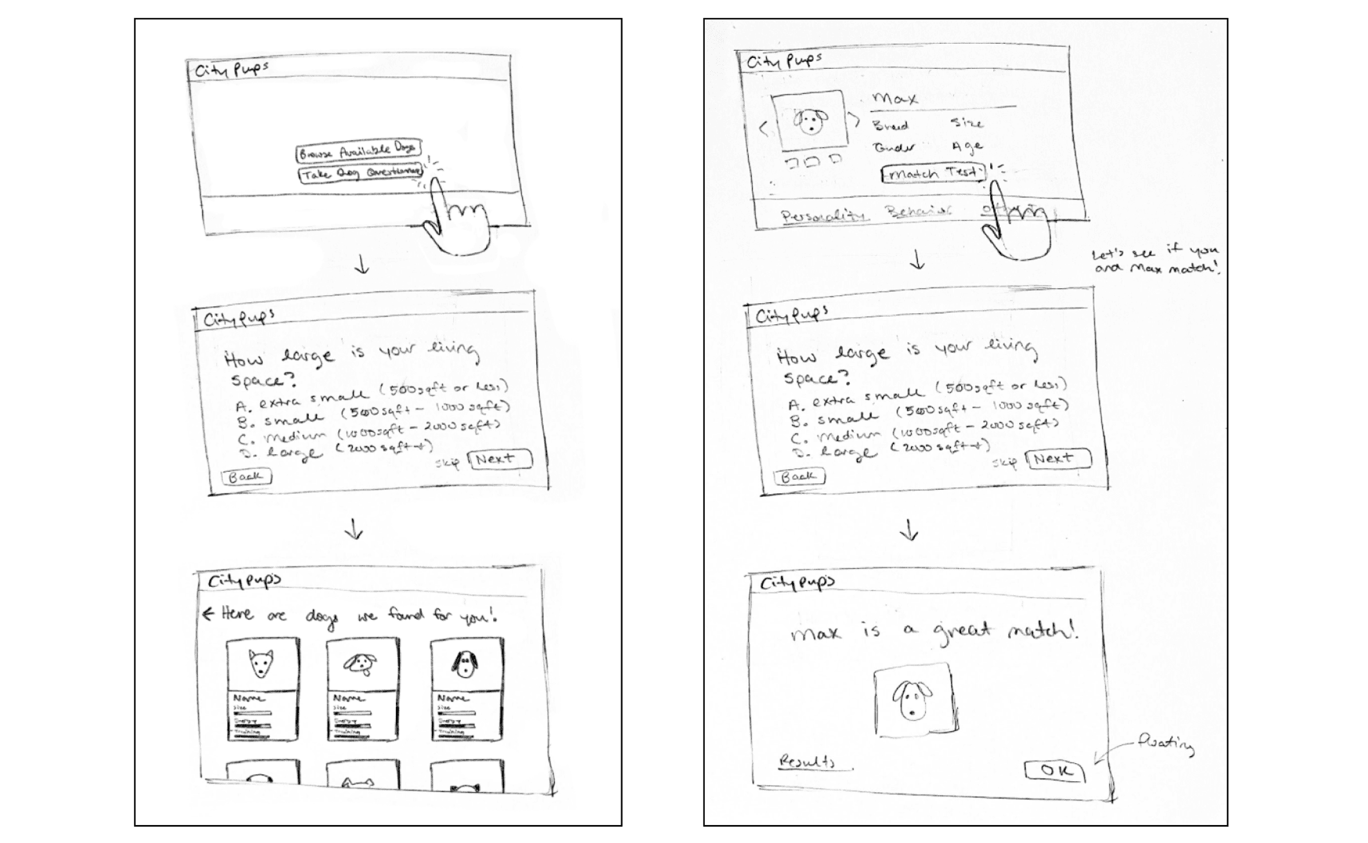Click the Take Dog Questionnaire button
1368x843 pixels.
(x=361, y=173)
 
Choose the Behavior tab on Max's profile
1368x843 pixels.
(x=917, y=211)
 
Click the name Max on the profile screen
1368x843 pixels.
(x=894, y=99)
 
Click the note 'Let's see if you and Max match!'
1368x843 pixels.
(x=1155, y=259)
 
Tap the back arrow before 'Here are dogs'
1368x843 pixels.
(x=207, y=613)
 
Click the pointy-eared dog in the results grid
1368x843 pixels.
(x=261, y=663)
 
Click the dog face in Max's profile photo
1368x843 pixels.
(x=810, y=121)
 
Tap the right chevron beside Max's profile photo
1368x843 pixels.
(x=856, y=120)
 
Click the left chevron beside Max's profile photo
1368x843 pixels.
(x=764, y=129)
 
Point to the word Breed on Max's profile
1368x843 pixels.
(x=890, y=125)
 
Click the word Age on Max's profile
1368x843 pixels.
(x=967, y=147)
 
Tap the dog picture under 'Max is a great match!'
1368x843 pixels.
(x=912, y=699)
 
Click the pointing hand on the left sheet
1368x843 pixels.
(x=455, y=222)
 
